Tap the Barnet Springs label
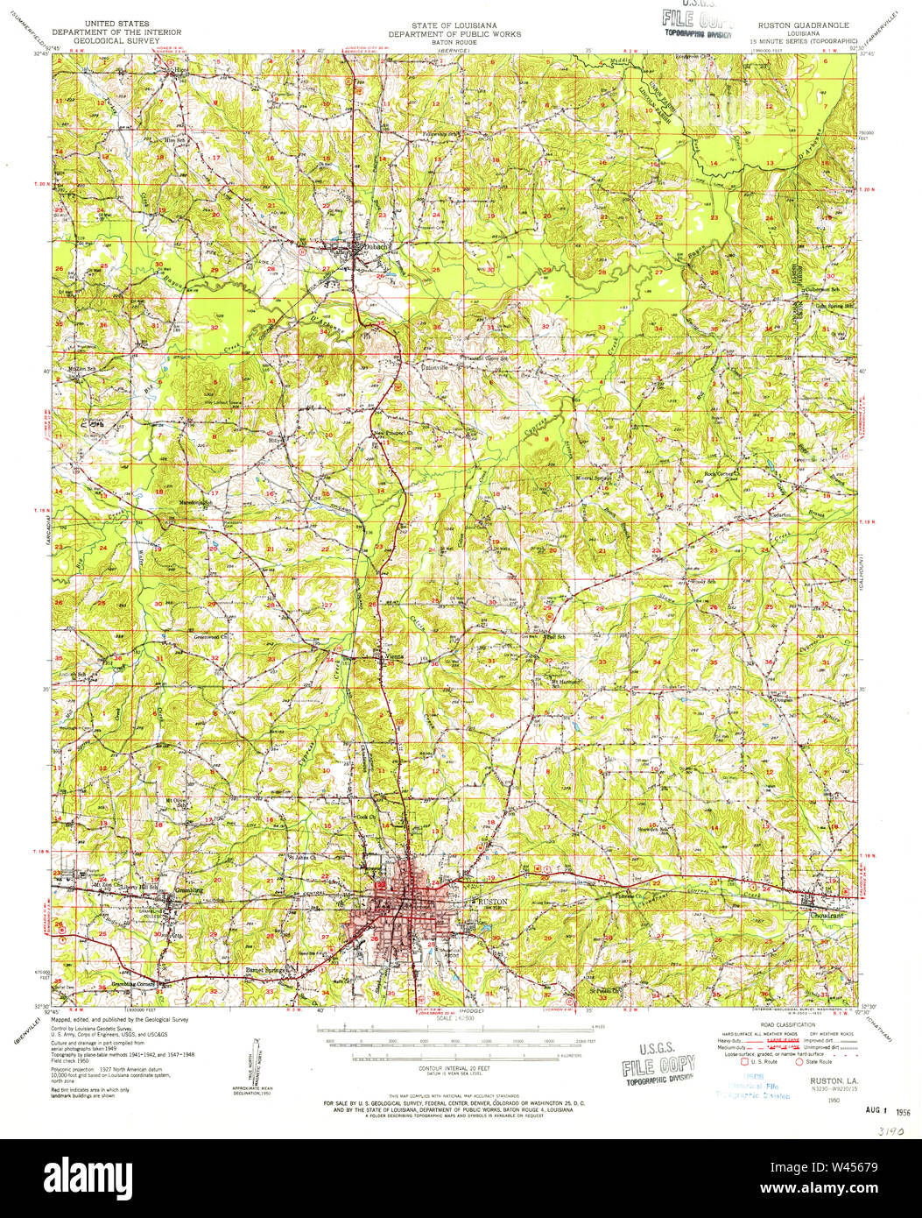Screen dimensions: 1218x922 pos(266,971)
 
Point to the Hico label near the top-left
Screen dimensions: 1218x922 pos(180,67)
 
